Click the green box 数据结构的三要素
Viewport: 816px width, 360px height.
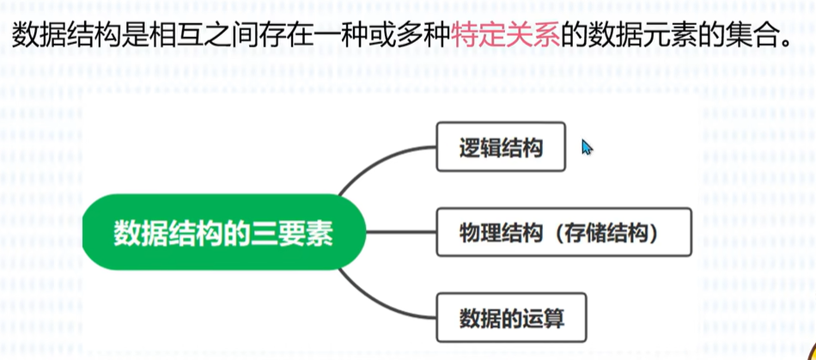click(x=223, y=232)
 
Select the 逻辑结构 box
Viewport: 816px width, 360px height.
click(x=501, y=147)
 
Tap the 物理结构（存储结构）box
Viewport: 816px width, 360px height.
click(x=563, y=232)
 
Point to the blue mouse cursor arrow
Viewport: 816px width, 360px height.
click(x=587, y=147)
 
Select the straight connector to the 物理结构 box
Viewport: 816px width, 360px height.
click(x=401, y=232)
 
